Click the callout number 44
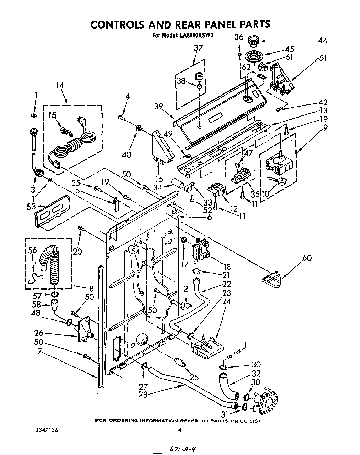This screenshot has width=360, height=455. [322, 41]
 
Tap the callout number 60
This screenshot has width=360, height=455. [307, 257]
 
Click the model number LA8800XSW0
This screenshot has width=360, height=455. [195, 35]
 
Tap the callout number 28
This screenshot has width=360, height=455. [143, 395]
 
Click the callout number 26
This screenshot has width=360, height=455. [39, 333]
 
